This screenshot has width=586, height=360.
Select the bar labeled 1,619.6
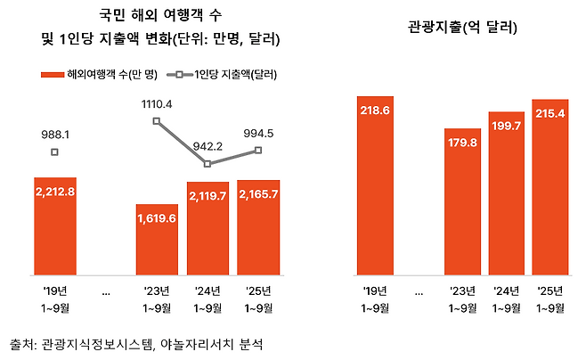click(157, 241)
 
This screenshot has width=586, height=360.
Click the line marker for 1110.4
click(157, 121)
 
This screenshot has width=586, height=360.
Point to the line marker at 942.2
click(208, 164)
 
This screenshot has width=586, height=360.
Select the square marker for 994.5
click(258, 150)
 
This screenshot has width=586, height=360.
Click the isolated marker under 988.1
click(55, 152)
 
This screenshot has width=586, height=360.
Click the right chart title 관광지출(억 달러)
click(460, 28)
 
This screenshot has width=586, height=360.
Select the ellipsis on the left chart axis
click(106, 291)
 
